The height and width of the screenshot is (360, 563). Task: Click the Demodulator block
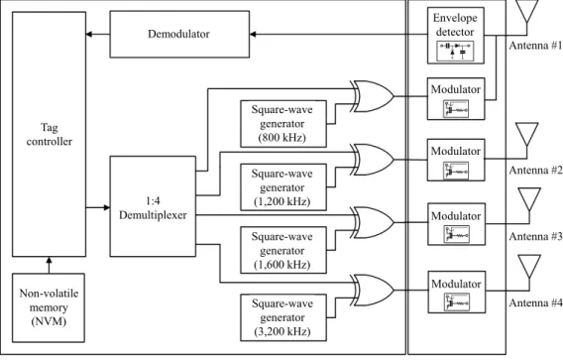(x=179, y=34)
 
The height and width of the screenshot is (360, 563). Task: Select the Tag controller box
(x=50, y=134)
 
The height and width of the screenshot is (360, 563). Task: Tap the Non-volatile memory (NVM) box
(x=49, y=307)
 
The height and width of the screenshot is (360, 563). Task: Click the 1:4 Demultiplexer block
(x=153, y=206)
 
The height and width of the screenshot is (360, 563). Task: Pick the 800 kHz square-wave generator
(x=283, y=124)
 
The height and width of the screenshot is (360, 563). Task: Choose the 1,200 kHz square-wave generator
(x=283, y=187)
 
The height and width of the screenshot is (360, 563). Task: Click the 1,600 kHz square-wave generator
(x=283, y=250)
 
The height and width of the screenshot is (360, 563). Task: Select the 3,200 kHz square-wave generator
(x=283, y=317)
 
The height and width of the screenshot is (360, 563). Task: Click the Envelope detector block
(x=456, y=36)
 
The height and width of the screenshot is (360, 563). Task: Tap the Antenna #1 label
(x=535, y=46)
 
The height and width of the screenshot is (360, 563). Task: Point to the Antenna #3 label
(x=535, y=236)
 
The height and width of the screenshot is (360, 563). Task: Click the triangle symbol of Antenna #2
(x=526, y=134)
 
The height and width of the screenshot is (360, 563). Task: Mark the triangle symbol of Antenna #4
(x=529, y=266)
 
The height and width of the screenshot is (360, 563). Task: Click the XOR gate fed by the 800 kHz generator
(x=374, y=96)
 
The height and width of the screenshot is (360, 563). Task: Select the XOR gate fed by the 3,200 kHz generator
(x=374, y=291)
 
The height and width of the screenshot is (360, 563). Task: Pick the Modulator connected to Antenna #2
(x=456, y=160)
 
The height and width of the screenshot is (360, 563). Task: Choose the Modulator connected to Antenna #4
(x=457, y=293)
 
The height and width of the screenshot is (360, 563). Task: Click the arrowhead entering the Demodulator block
(x=253, y=35)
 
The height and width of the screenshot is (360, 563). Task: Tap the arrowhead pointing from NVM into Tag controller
(x=49, y=260)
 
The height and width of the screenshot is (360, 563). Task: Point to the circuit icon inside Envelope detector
(x=455, y=51)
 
